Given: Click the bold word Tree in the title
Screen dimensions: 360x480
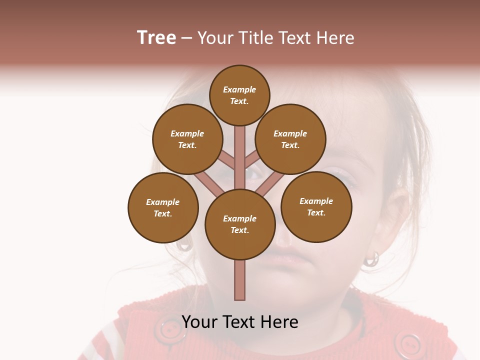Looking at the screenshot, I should (x=156, y=37).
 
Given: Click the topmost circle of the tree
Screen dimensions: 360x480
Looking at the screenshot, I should (x=239, y=95).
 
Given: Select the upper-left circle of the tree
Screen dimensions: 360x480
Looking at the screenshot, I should (x=187, y=139).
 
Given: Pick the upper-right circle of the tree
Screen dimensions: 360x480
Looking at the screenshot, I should (x=290, y=139).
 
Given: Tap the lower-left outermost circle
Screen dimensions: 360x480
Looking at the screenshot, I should (x=163, y=207).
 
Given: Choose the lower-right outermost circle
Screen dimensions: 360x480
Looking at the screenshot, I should (x=316, y=206).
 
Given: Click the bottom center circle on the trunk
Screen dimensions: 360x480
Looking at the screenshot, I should (x=240, y=224).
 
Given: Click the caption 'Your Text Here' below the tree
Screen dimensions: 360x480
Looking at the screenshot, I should (x=239, y=321).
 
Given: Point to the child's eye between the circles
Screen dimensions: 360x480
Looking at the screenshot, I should (x=252, y=174).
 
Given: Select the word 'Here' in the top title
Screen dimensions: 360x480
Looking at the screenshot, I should (x=335, y=38).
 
